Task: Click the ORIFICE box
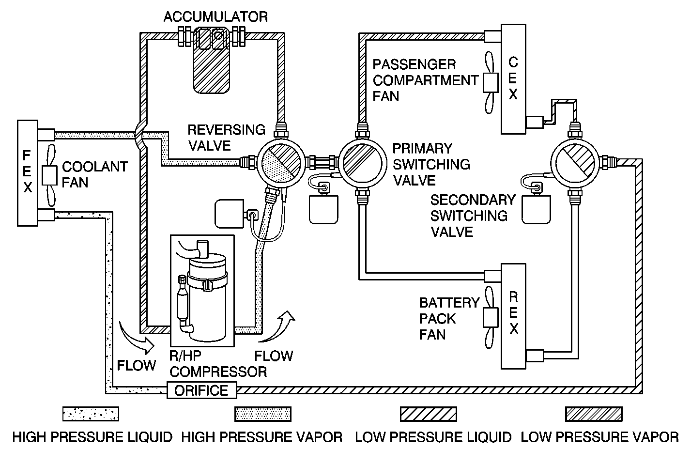pyautogui.click(x=202, y=390)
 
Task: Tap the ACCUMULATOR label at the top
pyautogui.click(x=215, y=16)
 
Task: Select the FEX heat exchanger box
pyautogui.click(x=28, y=173)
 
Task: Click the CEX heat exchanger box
pyautogui.click(x=513, y=79)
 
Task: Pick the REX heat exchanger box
pyautogui.click(x=513, y=316)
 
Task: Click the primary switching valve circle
pyautogui.click(x=363, y=163)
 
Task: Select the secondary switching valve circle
pyautogui.click(x=575, y=163)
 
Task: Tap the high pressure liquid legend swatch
pyautogui.click(x=91, y=414)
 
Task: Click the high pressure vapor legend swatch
pyautogui.click(x=263, y=414)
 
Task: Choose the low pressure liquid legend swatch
pyautogui.click(x=429, y=414)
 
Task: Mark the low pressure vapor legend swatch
pyautogui.click(x=594, y=414)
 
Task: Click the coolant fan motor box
pyautogui.click(x=49, y=175)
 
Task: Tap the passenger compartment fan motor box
pyautogui.click(x=491, y=82)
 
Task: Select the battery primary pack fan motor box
pyautogui.click(x=491, y=318)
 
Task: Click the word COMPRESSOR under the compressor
pyautogui.click(x=218, y=372)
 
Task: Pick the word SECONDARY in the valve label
pyautogui.click(x=473, y=200)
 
